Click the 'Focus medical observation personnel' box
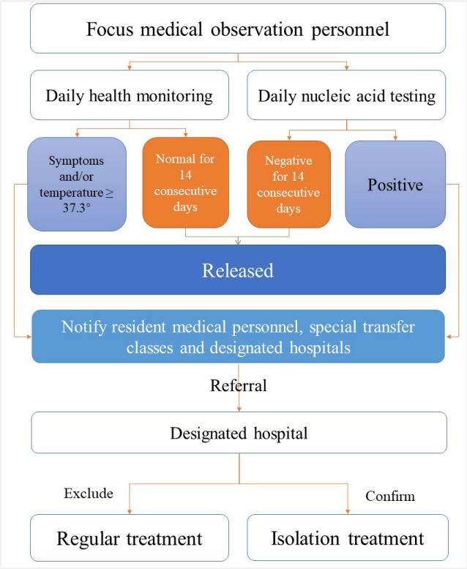[238, 29]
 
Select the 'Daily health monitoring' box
[129, 95]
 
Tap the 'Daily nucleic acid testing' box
[346, 95]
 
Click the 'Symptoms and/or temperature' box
[77, 184]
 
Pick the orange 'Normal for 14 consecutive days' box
[185, 182]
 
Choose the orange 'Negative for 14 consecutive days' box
[289, 185]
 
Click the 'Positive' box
[395, 185]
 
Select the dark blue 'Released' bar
[238, 269]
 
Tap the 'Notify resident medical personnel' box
[238, 336]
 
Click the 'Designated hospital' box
[239, 433]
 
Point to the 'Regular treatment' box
[129, 538]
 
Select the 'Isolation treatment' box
[348, 538]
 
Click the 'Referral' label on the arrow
[239, 385]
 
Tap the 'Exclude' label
[89, 494]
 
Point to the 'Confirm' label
[390, 496]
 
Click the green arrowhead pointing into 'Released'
[238, 242]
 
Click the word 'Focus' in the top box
[110, 29]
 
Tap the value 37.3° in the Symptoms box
[77, 208]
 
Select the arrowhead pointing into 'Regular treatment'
[130, 512]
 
